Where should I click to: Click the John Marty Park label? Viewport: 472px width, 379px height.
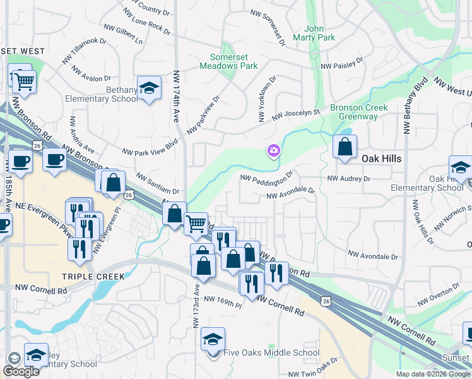[319, 33]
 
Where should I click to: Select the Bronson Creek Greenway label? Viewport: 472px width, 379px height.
[358, 112]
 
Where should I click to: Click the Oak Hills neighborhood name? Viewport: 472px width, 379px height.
[382, 159]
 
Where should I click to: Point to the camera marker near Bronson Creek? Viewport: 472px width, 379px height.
[274, 150]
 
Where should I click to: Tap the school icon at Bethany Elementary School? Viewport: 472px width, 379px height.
[150, 89]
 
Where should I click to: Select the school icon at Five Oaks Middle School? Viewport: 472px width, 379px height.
[213, 340]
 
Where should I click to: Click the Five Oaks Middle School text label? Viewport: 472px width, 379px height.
[271, 352]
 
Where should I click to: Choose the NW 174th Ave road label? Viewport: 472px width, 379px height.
[176, 97]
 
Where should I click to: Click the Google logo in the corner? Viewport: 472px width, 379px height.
[21, 371]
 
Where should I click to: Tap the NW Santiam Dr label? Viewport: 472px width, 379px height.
[158, 185]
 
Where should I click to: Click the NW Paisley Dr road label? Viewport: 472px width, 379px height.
[342, 64]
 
